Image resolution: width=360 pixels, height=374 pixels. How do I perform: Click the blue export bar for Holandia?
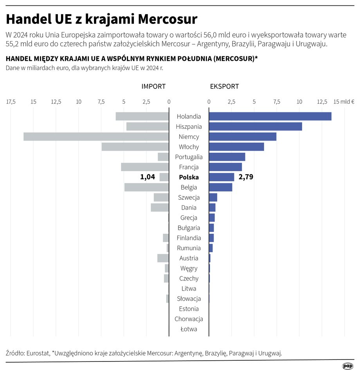click(270, 116)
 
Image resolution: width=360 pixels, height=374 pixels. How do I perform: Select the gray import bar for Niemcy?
click(96, 137)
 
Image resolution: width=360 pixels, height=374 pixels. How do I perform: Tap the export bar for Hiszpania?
click(255, 126)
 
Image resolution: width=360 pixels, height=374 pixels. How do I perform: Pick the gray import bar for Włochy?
click(135, 147)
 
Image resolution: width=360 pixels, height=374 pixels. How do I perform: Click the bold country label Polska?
click(189, 177)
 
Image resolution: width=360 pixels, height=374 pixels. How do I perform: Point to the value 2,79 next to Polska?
click(246, 177)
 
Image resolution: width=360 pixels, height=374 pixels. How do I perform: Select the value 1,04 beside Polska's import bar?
click(148, 177)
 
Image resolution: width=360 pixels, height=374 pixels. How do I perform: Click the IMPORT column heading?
click(153, 87)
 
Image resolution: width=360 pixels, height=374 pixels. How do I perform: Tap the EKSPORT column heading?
click(224, 87)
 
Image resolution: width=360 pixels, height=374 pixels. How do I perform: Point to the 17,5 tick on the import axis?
click(11, 102)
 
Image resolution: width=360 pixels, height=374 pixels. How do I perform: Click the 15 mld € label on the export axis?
click(344, 102)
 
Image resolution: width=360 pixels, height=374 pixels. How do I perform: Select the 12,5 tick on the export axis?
click(322, 102)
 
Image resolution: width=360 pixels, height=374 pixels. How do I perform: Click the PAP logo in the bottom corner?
click(347, 366)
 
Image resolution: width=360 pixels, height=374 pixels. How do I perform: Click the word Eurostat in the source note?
click(38, 353)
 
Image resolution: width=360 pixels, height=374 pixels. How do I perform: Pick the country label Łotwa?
click(189, 329)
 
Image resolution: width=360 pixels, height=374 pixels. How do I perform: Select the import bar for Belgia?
click(146, 187)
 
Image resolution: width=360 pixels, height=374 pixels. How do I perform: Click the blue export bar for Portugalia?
click(227, 157)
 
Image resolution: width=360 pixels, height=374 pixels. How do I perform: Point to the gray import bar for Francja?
click(145, 167)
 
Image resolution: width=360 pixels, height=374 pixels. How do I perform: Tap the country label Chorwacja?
click(189, 319)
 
